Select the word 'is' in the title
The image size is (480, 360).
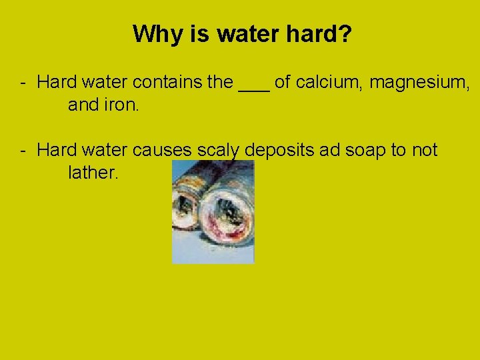[x=199, y=33]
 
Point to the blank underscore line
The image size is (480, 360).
[x=254, y=87]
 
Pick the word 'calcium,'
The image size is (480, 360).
[x=329, y=83]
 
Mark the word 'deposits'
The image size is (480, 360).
[x=279, y=151]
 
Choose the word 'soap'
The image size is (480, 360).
[x=366, y=151]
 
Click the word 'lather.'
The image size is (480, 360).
[x=93, y=173]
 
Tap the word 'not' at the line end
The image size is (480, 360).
[x=425, y=150]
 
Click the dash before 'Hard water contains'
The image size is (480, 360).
[x=23, y=83]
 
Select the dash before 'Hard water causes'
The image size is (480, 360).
[x=23, y=150]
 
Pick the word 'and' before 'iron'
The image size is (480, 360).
[x=83, y=105]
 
